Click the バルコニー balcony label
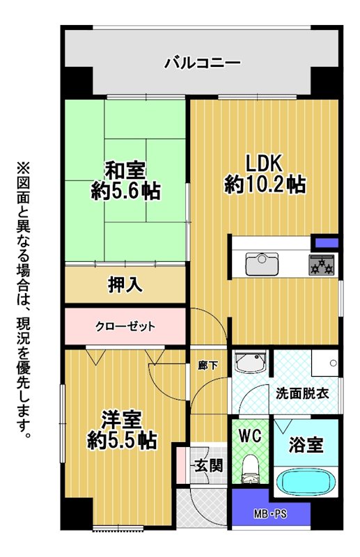click(202, 63)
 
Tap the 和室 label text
click(125, 170)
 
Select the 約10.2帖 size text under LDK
click(265, 185)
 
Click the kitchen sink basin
click(262, 264)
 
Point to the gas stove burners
click(322, 265)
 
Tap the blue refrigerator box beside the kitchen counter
click(324, 242)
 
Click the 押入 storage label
click(125, 285)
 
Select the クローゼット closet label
click(125, 326)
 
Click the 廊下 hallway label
click(208, 365)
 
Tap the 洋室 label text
click(122, 420)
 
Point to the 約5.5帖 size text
click(122, 440)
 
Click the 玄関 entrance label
click(209, 465)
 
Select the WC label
click(250, 435)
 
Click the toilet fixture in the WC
click(251, 469)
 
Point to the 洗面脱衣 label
click(302, 393)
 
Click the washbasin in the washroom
click(251, 362)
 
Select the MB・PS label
click(270, 514)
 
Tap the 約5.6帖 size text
click(125, 191)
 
